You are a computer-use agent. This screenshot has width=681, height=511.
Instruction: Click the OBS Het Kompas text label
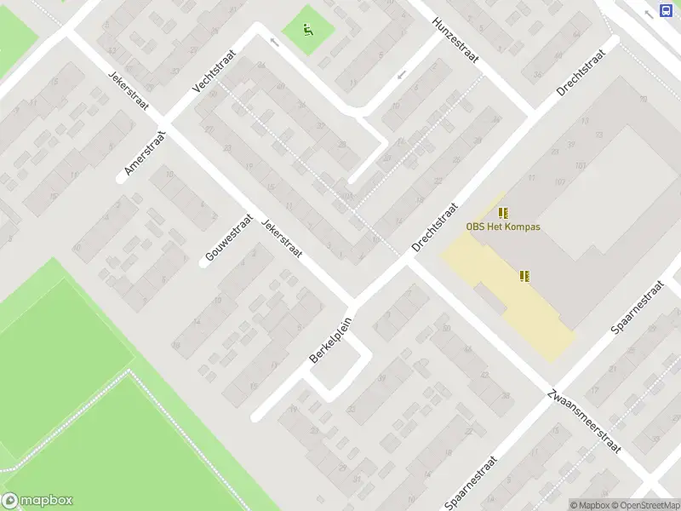click(x=502, y=227)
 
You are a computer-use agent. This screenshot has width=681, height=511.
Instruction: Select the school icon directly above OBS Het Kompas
click(x=503, y=212)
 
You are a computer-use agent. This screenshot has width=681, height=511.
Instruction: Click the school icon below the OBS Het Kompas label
click(x=525, y=275)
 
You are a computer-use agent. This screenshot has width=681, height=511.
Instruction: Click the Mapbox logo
click(x=37, y=501)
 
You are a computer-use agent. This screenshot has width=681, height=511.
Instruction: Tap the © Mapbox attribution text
click(x=591, y=505)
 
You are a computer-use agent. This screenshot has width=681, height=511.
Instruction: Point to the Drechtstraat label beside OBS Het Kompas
click(x=436, y=227)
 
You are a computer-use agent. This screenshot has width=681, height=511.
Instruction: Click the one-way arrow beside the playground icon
click(x=274, y=41)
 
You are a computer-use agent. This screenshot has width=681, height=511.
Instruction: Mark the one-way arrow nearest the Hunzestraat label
click(x=401, y=77)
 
